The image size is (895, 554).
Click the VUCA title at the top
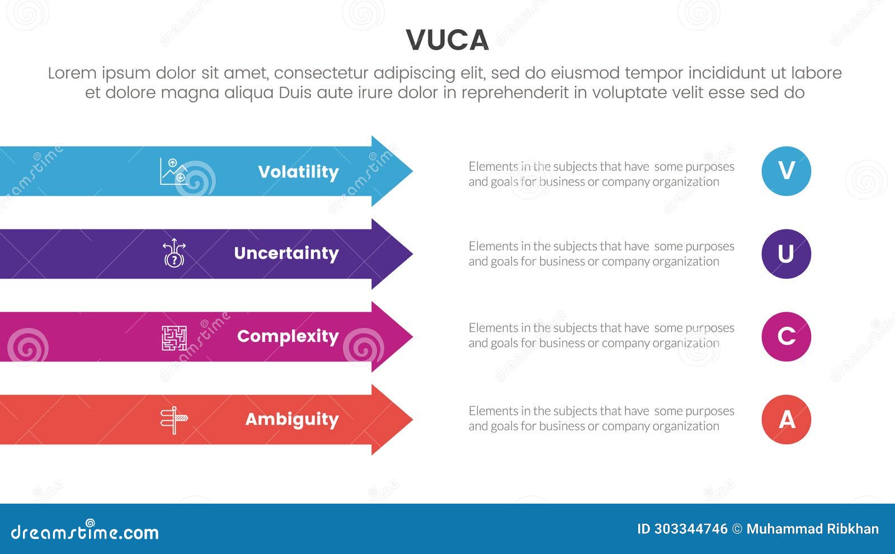click(x=447, y=40)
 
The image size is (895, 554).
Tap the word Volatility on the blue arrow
click(x=298, y=172)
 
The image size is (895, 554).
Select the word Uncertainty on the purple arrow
click(x=286, y=253)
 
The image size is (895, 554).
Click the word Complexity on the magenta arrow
click(x=288, y=336)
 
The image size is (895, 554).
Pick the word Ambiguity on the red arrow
click(x=291, y=419)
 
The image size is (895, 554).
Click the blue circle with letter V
click(x=786, y=171)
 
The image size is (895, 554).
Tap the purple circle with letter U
click(x=786, y=253)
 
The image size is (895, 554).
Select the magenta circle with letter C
click(x=786, y=336)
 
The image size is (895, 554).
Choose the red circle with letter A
click(x=786, y=419)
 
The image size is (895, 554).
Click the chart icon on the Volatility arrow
click(x=174, y=171)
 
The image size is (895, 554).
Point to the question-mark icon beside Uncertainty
click(x=174, y=253)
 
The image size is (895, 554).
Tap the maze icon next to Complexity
click(x=174, y=337)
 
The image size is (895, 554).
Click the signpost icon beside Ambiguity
click(x=174, y=420)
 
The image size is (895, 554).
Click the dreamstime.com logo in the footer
click(x=84, y=532)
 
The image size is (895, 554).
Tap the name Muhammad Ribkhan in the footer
click(x=812, y=529)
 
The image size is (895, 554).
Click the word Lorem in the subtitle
click(x=72, y=73)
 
